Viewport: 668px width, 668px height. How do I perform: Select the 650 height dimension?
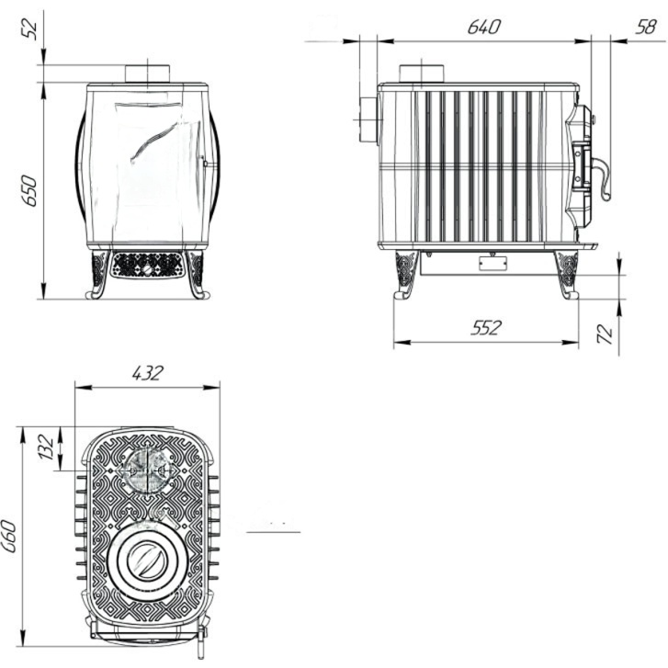point(30,190)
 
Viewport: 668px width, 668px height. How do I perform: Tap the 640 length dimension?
point(483,28)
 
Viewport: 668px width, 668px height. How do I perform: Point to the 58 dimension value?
point(645,28)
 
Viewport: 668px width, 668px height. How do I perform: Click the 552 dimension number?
point(486,328)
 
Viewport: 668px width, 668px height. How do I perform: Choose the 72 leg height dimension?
point(606,334)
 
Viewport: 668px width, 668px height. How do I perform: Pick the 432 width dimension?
point(147,373)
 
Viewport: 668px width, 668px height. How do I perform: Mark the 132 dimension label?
point(47,447)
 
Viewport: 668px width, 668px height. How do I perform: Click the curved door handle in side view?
point(602,176)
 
